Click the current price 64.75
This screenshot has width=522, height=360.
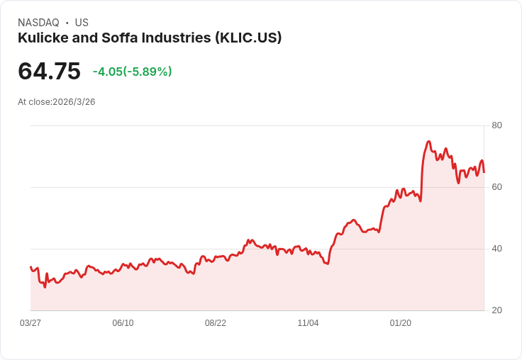[x=49, y=72]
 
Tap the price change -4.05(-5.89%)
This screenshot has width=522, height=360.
[x=132, y=72]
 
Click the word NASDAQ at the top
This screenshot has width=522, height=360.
[x=38, y=23]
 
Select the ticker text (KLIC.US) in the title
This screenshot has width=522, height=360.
[x=248, y=38]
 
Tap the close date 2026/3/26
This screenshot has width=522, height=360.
[x=74, y=102]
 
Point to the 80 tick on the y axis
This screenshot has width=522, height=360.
[x=496, y=125]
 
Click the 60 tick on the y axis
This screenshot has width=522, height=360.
[x=496, y=187]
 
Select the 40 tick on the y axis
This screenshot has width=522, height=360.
[x=496, y=249]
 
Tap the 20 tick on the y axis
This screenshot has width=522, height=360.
[x=496, y=310]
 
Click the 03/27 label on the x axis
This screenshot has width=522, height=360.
[x=30, y=323]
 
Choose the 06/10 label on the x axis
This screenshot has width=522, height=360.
[x=123, y=323]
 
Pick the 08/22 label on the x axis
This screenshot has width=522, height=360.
[x=216, y=323]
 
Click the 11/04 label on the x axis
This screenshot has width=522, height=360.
[x=308, y=323]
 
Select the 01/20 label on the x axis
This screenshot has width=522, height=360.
[x=401, y=323]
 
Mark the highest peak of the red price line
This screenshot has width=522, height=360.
[x=429, y=142]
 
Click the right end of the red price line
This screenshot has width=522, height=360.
[x=484, y=172]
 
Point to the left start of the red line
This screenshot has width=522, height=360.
[x=30, y=267]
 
